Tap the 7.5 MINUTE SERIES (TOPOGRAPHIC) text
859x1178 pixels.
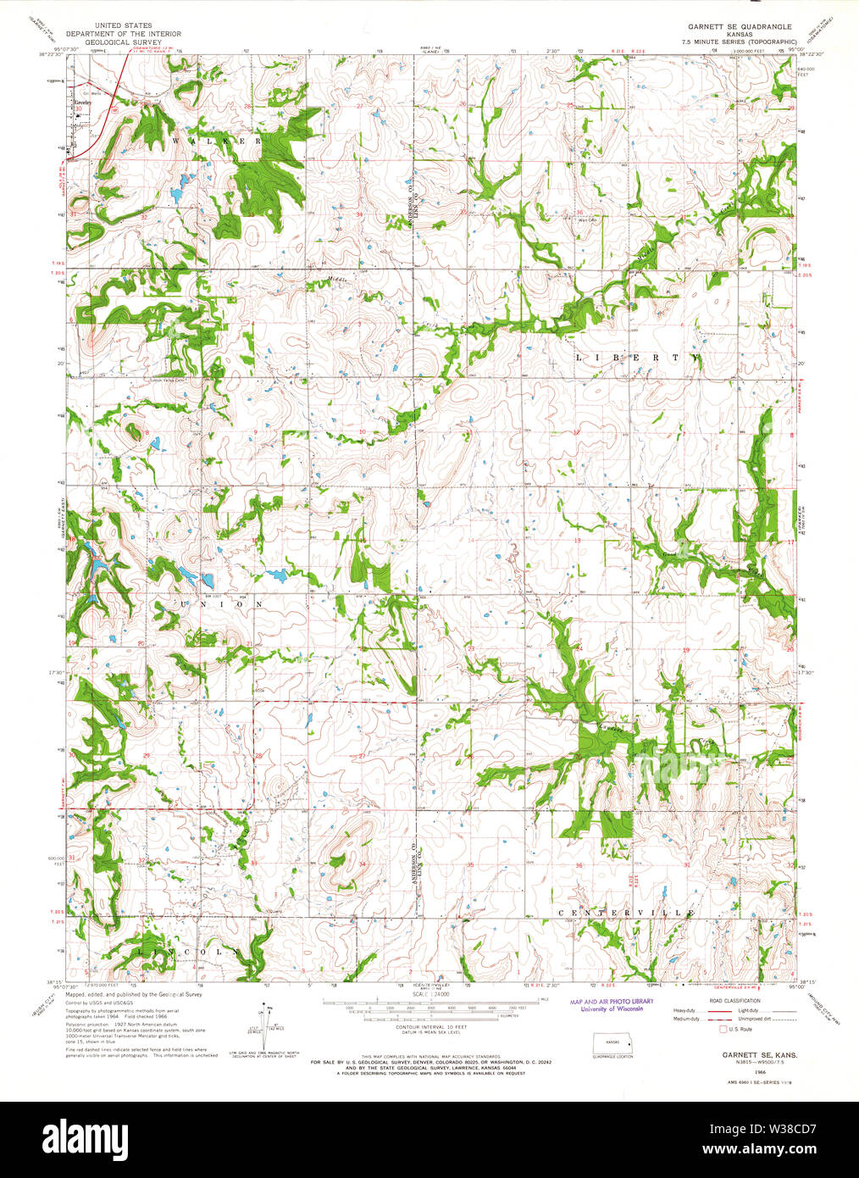tap(741, 41)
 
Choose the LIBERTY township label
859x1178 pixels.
tap(638, 358)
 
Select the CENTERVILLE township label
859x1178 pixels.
tap(626, 913)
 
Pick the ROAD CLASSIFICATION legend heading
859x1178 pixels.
tap(734, 1001)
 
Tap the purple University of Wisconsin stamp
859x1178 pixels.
tap(606, 1005)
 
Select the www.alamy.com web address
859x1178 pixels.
tap(774, 1149)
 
